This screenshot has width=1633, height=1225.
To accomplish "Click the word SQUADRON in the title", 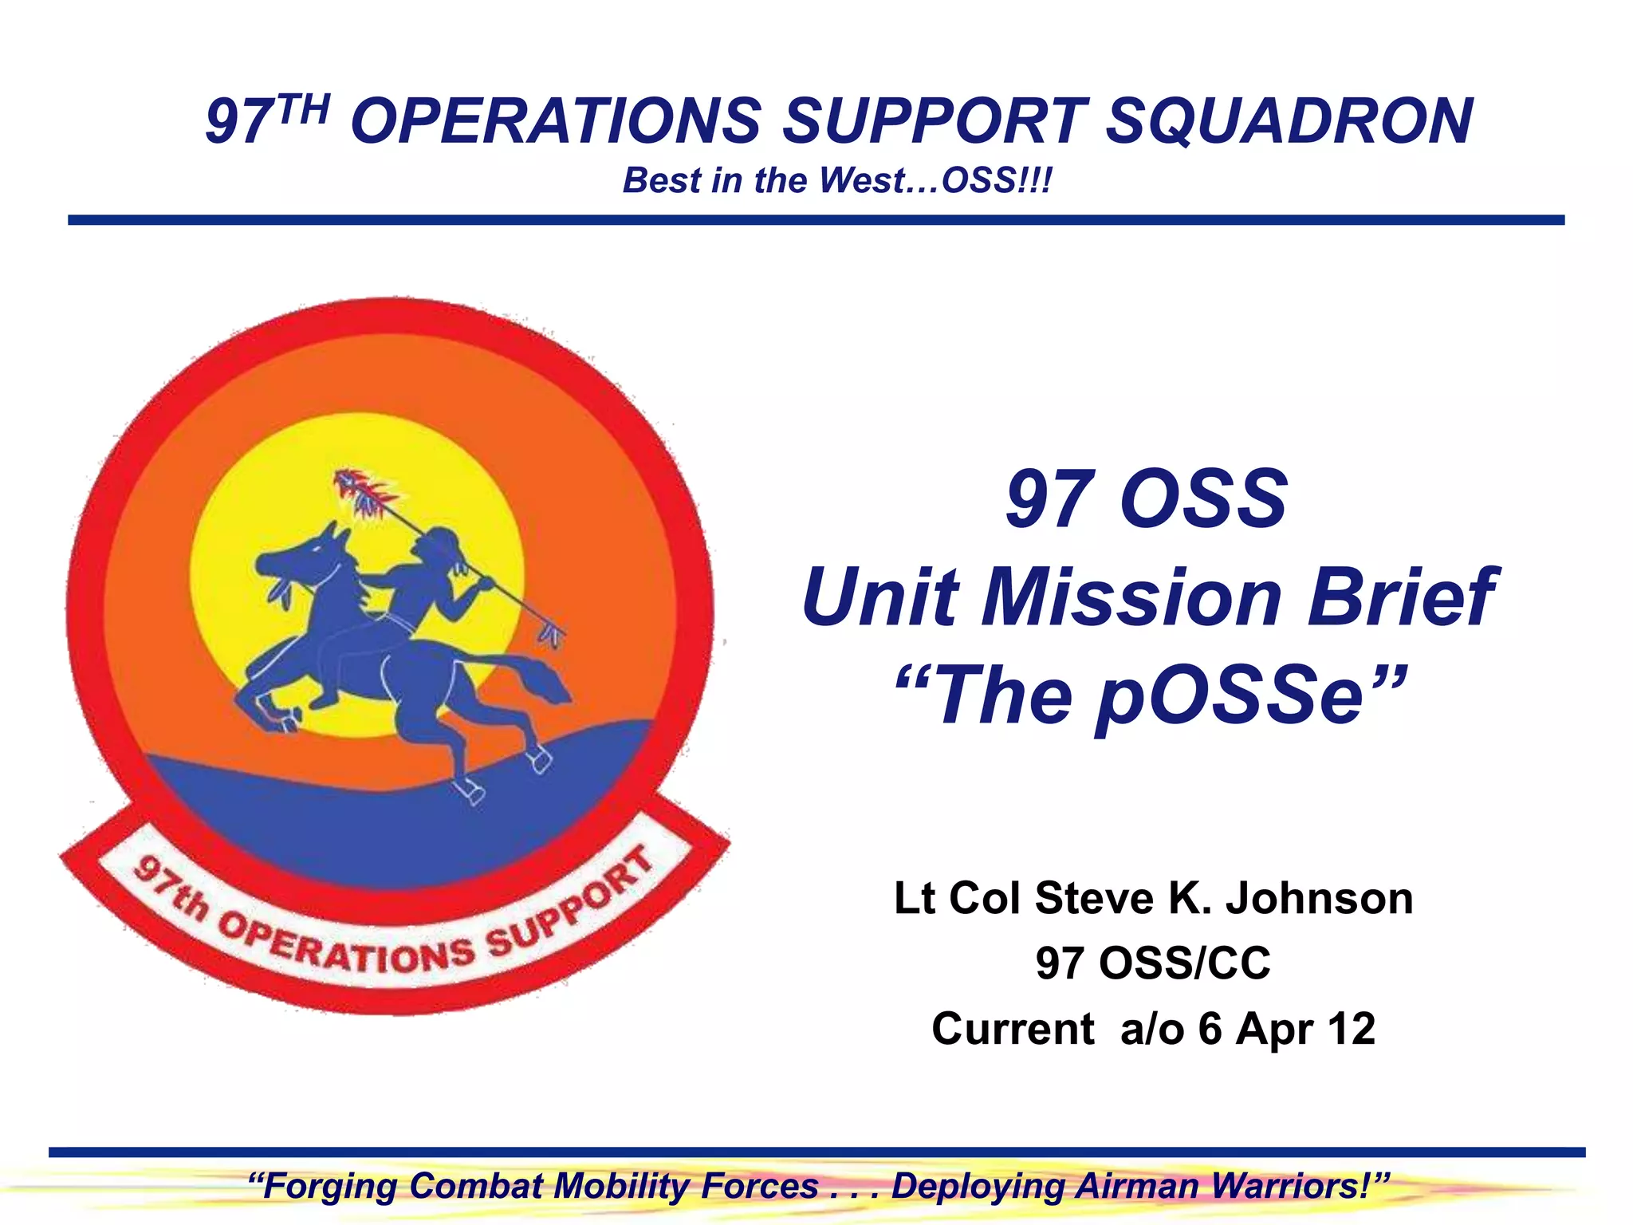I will [x=1289, y=121].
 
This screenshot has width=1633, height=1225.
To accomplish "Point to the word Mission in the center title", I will [x=1131, y=597].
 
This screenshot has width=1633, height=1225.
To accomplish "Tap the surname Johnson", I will [x=1319, y=898].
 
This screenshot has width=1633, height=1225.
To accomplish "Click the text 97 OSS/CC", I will [x=1153, y=963].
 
